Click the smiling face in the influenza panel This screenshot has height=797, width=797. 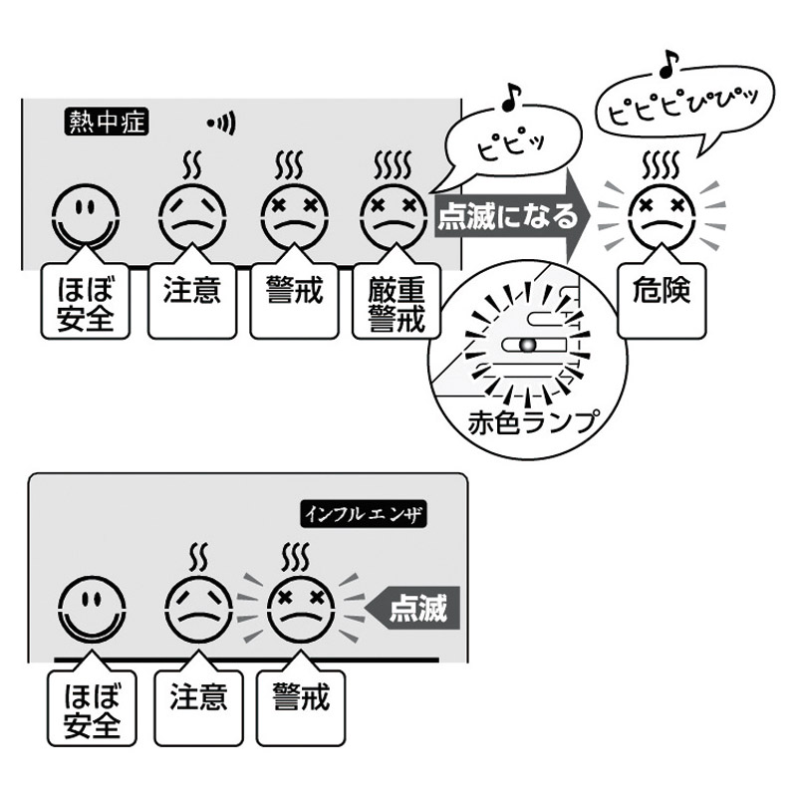(92, 609)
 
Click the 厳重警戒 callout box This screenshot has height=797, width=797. (397, 303)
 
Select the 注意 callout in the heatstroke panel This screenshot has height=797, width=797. (191, 297)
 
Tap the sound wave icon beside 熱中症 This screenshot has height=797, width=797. (221, 124)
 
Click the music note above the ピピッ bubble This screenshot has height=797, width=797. (511, 95)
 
